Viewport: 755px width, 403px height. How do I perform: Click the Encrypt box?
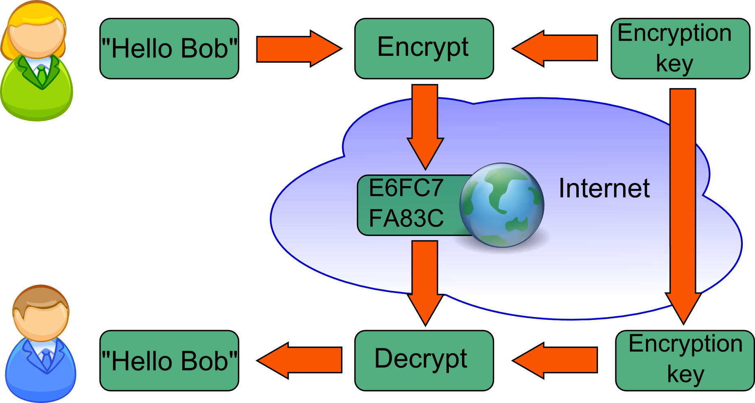(x=424, y=48)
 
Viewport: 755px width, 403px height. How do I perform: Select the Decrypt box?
(x=424, y=360)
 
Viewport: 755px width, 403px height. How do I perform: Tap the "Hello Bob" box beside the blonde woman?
(x=169, y=48)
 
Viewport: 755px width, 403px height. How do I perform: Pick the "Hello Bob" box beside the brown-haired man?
(x=169, y=360)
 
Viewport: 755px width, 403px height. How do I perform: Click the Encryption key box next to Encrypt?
(x=680, y=48)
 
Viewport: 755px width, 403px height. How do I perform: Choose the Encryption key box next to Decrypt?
(x=685, y=360)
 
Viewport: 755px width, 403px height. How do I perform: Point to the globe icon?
(x=501, y=205)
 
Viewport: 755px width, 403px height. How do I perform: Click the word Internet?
(x=604, y=188)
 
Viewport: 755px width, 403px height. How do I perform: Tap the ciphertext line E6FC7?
(x=406, y=188)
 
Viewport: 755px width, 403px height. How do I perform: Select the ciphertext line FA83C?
(x=406, y=218)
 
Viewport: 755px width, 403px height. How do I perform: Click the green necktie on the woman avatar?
(x=42, y=75)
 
